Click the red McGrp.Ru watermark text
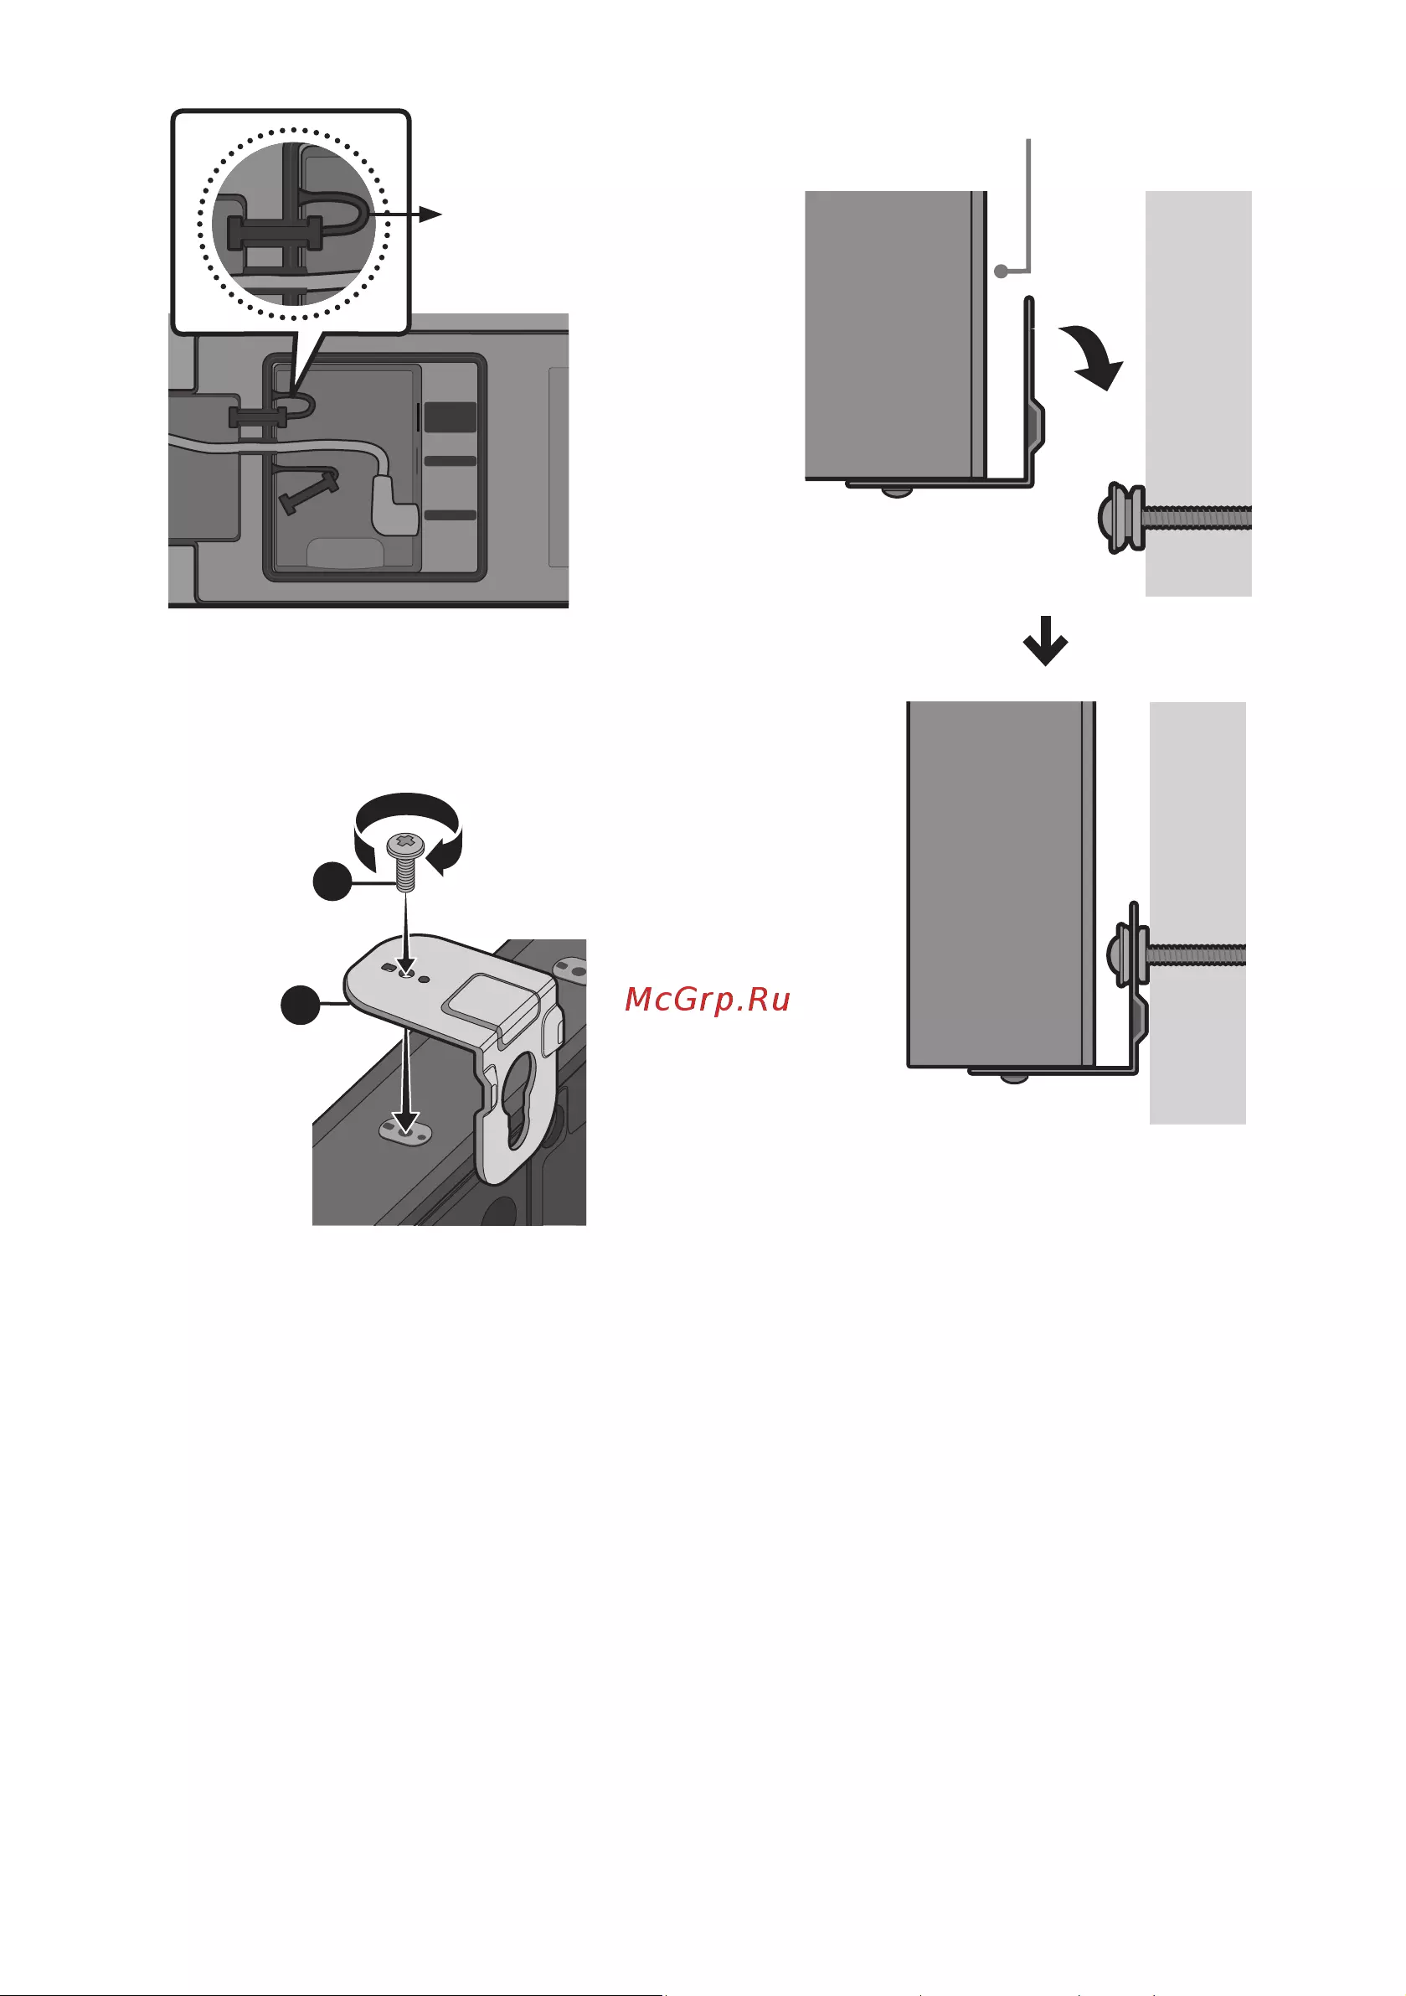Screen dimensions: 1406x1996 [x=707, y=1000]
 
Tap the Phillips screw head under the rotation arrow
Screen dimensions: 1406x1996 [x=407, y=842]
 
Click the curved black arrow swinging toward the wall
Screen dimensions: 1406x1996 [x=1093, y=354]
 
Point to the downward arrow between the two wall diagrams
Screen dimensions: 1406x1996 [x=1044, y=641]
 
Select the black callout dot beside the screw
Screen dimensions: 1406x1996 [x=332, y=883]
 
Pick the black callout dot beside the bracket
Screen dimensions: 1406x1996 [x=301, y=1005]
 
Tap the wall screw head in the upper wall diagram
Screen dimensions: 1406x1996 [x=1119, y=518]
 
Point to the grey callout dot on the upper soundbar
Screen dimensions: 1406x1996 [x=1001, y=271]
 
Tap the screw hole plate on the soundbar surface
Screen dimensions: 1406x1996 [x=404, y=1130]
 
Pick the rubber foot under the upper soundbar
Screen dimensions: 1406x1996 [x=898, y=492]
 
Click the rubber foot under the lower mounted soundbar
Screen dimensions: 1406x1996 [x=1013, y=1078]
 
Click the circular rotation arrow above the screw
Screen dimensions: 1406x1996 [x=407, y=830]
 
